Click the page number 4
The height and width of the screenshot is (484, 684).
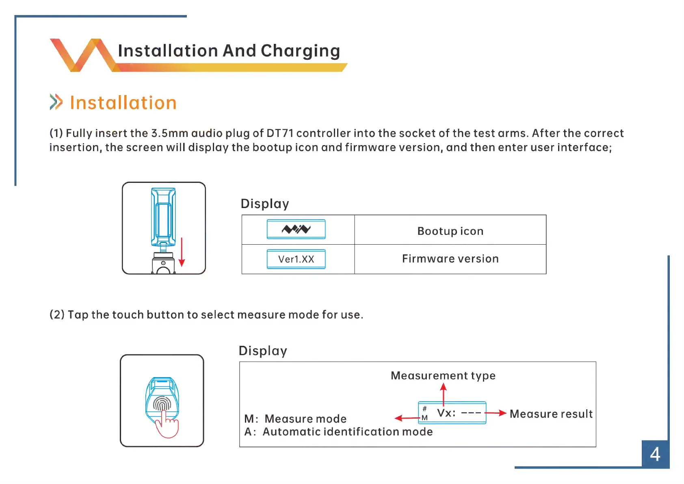(655, 454)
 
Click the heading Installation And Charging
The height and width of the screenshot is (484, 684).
(229, 51)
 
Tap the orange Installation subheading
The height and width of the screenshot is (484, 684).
(123, 103)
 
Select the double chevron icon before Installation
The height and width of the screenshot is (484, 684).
(56, 102)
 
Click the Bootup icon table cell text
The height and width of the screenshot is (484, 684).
(450, 231)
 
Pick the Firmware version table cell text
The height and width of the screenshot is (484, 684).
(450, 259)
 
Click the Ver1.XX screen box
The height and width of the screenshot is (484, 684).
(296, 259)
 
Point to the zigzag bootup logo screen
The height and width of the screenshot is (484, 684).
(296, 229)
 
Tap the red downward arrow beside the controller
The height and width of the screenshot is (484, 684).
(182, 252)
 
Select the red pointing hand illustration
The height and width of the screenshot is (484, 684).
(167, 425)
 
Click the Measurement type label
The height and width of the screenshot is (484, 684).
(443, 375)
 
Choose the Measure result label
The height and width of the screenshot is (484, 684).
(551, 414)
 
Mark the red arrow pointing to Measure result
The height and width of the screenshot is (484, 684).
(496, 413)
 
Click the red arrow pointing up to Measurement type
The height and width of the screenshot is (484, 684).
(443, 394)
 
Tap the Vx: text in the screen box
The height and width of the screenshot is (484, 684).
(446, 413)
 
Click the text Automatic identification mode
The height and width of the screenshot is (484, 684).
(347, 432)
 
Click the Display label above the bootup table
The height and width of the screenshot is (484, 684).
(265, 204)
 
